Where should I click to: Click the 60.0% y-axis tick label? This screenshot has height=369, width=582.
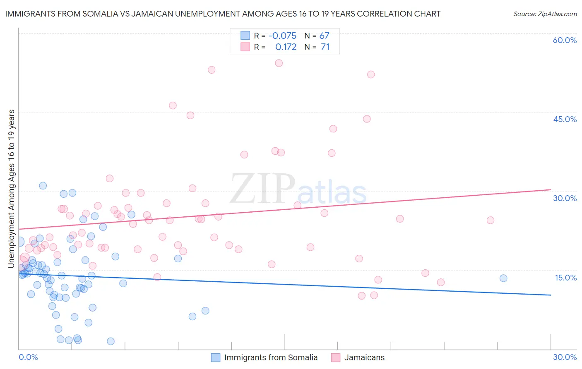pyautogui.click(x=565, y=41)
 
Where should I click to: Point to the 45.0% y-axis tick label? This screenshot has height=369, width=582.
pyautogui.click(x=565, y=119)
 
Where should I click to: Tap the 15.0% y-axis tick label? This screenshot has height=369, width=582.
pyautogui.click(x=565, y=278)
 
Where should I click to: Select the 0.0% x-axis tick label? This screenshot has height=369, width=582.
pyautogui.click(x=28, y=357)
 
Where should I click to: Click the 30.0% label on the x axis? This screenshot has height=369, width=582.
pyautogui.click(x=565, y=357)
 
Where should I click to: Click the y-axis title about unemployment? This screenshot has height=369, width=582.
pyautogui.click(x=12, y=188)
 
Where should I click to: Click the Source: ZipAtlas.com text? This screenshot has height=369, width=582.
pyautogui.click(x=545, y=14)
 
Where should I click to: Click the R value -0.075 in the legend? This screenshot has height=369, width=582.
pyautogui.click(x=282, y=36)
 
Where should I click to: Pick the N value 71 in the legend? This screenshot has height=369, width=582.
pyautogui.click(x=325, y=47)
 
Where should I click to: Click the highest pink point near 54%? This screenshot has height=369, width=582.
pyautogui.click(x=279, y=63)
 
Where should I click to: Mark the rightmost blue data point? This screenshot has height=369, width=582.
pyautogui.click(x=503, y=278)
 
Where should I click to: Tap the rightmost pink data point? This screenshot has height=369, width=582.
pyautogui.click(x=490, y=220)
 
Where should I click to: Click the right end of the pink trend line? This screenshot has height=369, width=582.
pyautogui.click(x=551, y=189)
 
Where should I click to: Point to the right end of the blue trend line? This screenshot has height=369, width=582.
pyautogui.click(x=551, y=295)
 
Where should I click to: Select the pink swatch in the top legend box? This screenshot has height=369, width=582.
pyautogui.click(x=245, y=47)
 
